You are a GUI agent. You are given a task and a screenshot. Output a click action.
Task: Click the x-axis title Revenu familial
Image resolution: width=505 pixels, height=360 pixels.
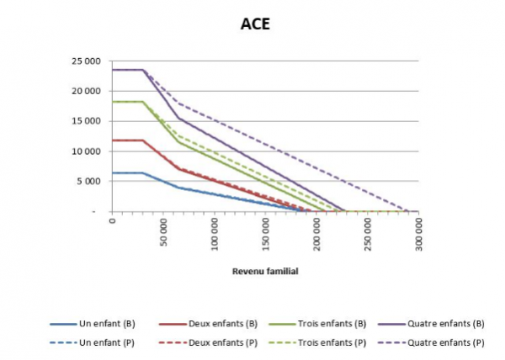point(264,272)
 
